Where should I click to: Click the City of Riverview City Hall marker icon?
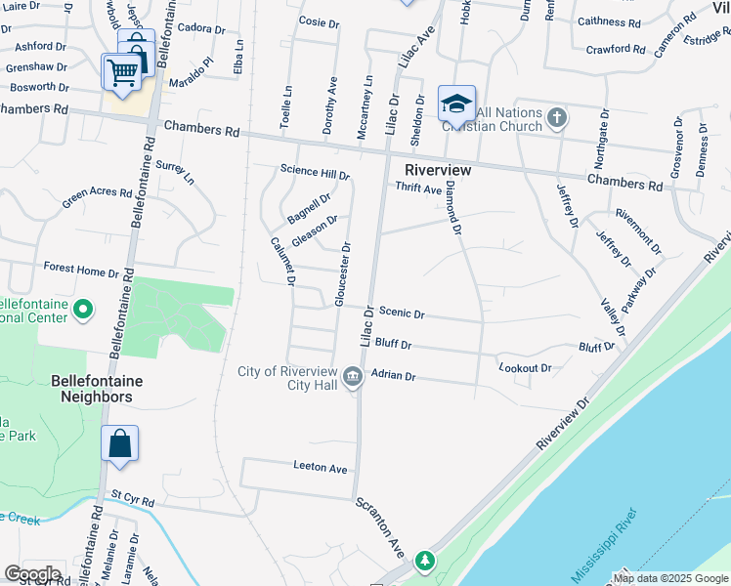[353, 376]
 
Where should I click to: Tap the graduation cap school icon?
[456, 103]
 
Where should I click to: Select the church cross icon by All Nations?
[556, 119]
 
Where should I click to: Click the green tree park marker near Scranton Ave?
[424, 560]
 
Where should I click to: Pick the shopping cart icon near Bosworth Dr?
[122, 70]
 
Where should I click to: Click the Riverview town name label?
[431, 170]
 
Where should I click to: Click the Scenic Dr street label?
[402, 314]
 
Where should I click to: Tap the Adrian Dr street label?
[394, 376]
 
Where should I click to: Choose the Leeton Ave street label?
[321, 468]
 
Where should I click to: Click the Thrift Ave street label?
[418, 188]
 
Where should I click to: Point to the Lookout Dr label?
[525, 368]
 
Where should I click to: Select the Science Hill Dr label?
[315, 172]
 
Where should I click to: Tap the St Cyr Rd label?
[133, 501]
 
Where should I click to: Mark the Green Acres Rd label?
[98, 198]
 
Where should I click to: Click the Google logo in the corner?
[32, 574]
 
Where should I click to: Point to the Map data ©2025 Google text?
[670, 578]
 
